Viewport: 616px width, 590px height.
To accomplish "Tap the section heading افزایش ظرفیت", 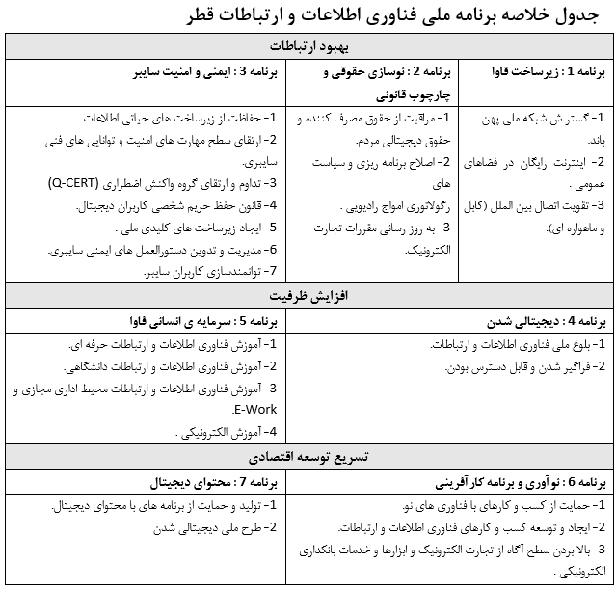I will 308,296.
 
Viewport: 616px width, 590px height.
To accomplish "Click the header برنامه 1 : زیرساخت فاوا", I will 536,72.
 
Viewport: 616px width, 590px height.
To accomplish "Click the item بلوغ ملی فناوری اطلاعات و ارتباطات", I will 517,344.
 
